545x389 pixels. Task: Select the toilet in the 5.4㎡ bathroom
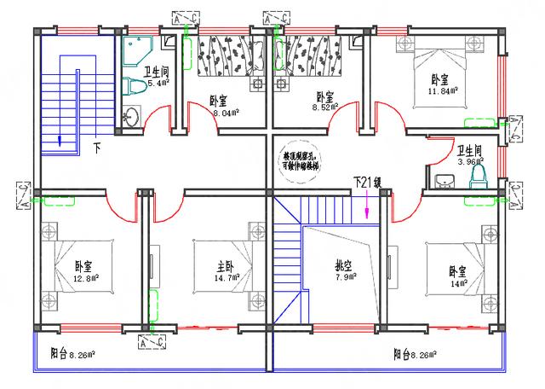tap(131, 84)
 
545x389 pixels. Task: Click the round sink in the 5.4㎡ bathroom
tap(130, 118)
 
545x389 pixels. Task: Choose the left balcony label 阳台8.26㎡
tap(72, 352)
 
